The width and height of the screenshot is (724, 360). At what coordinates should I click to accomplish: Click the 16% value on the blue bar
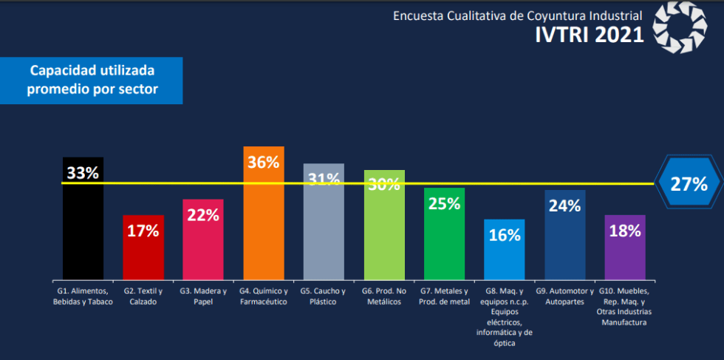[x=505, y=235]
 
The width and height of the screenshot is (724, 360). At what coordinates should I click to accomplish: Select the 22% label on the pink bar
[x=202, y=215]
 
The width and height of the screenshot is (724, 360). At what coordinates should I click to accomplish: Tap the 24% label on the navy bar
[x=564, y=206]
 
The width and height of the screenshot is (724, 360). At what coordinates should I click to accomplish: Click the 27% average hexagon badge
[x=689, y=184]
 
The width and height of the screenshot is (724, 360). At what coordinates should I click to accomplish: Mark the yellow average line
[x=517, y=183]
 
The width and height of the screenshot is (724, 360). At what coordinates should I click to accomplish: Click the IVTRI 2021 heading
[x=589, y=35]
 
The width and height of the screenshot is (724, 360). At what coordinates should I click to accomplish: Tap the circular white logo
[x=680, y=29]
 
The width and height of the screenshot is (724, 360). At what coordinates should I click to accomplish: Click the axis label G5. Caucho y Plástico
[x=324, y=296]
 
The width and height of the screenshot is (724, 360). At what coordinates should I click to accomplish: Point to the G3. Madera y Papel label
[x=202, y=296]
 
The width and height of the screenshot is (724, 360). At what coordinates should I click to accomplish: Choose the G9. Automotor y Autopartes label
[x=564, y=296]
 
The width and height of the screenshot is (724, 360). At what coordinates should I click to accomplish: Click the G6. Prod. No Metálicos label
[x=383, y=296]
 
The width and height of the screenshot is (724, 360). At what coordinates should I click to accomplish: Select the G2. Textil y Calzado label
[x=143, y=296]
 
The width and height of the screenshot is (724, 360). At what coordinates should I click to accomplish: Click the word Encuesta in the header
[x=417, y=15]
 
